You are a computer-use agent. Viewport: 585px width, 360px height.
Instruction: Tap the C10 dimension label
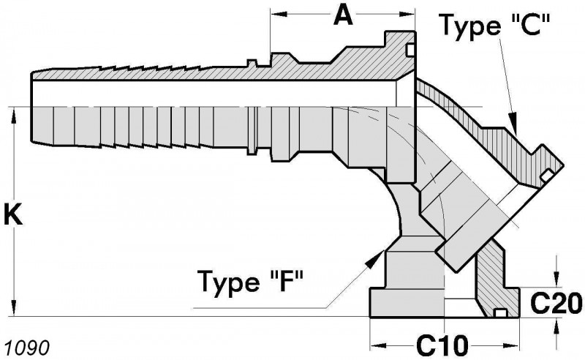pyautogui.click(x=442, y=344)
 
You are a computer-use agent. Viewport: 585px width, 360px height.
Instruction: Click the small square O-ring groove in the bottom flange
pyautogui.click(x=500, y=314)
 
